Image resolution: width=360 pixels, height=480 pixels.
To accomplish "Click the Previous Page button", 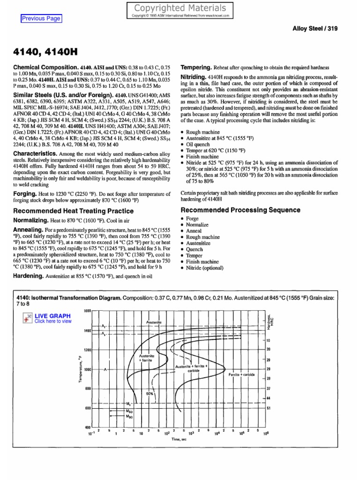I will point(41,18).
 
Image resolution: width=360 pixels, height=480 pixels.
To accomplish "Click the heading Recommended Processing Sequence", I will point(240,210).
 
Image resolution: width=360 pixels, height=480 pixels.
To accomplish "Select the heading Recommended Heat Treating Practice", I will point(73,211).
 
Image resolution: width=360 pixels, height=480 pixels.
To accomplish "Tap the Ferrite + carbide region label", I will point(241,375).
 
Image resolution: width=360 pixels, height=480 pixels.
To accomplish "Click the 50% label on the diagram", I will point(150,394).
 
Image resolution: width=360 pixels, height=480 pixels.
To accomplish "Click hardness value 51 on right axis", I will point(269,408).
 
